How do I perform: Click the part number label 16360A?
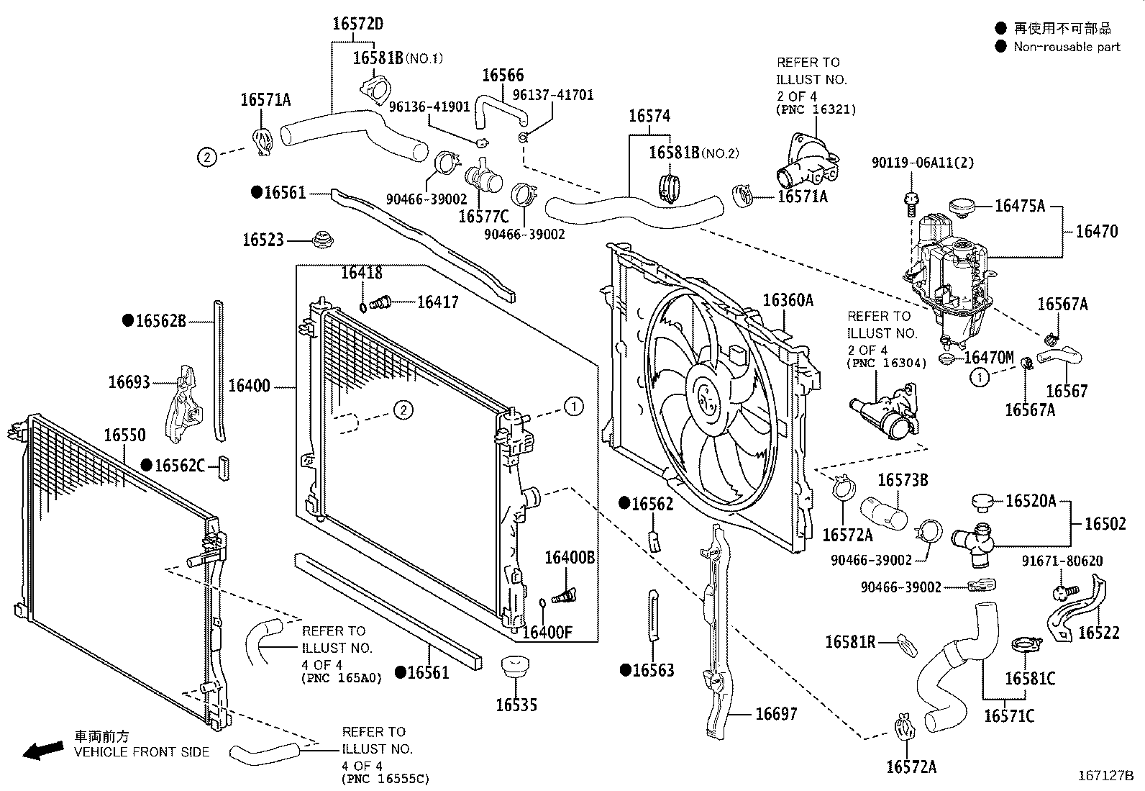pyautogui.click(x=788, y=300)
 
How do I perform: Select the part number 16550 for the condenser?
pyautogui.click(x=124, y=435)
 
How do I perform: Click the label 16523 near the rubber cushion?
pyautogui.click(x=263, y=240)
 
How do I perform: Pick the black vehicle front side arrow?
pyautogui.click(x=42, y=751)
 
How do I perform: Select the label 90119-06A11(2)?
pyautogui.click(x=923, y=163)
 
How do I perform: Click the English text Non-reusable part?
pyautogui.click(x=1067, y=47)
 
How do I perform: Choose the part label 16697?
pyautogui.click(x=776, y=713)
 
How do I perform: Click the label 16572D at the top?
pyautogui.click(x=357, y=24)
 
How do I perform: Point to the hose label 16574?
pyautogui.click(x=649, y=116)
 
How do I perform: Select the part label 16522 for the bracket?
pyautogui.click(x=1099, y=633)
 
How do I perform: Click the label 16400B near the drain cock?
pyautogui.click(x=569, y=557)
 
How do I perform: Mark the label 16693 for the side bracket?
pyautogui.click(x=129, y=382)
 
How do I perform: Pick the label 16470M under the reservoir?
pyautogui.click(x=988, y=358)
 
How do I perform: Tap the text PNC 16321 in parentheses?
pyautogui.click(x=816, y=110)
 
